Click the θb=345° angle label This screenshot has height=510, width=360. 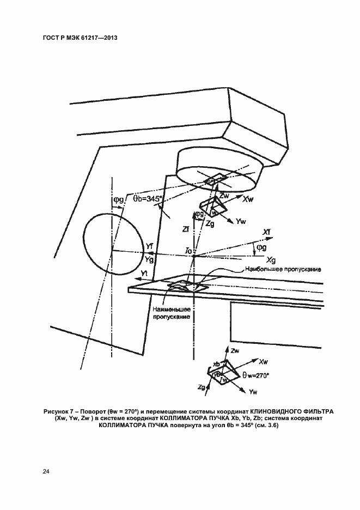[148, 200]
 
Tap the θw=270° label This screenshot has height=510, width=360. [256, 375]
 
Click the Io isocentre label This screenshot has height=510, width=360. [188, 251]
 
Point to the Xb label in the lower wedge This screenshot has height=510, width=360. [216, 364]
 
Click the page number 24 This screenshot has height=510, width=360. [45, 471]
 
